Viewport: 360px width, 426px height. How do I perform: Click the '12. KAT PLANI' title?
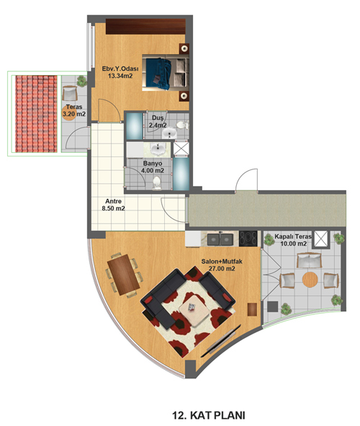coord(209,415)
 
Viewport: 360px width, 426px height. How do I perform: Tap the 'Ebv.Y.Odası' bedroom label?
coord(120,68)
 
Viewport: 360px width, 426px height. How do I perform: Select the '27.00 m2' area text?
coord(222,269)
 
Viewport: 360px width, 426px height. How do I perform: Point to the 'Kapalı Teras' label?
coord(293,236)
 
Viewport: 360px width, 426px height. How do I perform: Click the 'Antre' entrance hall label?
coord(113,201)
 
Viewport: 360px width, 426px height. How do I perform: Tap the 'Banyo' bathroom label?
coord(153,164)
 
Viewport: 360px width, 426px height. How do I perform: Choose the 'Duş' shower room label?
coord(158,118)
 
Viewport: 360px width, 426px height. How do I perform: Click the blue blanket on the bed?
coord(158,74)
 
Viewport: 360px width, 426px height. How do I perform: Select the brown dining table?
coord(123,275)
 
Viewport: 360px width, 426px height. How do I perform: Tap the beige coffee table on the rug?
coord(194,310)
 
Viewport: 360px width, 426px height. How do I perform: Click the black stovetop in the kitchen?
coord(248,239)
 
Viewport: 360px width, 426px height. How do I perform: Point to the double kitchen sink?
coord(220,239)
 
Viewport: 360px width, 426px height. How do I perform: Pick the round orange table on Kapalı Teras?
coord(310,280)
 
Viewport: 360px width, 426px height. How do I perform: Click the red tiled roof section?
coord(36,114)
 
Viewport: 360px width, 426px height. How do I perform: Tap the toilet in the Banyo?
coord(156,182)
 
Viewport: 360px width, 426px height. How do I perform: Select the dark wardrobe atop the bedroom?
coord(145,27)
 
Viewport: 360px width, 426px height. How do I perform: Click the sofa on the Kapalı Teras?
coord(309,260)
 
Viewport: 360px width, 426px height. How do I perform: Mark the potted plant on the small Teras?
coord(81,81)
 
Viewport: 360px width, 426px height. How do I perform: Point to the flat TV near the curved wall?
coord(221,341)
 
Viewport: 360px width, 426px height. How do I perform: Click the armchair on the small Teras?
coord(70,93)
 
